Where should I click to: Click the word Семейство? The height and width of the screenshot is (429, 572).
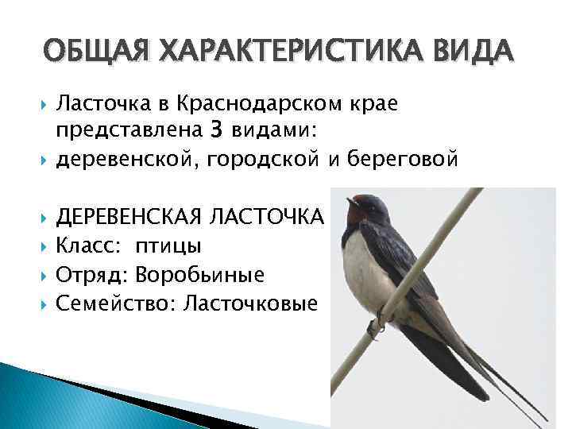coord(104,303)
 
